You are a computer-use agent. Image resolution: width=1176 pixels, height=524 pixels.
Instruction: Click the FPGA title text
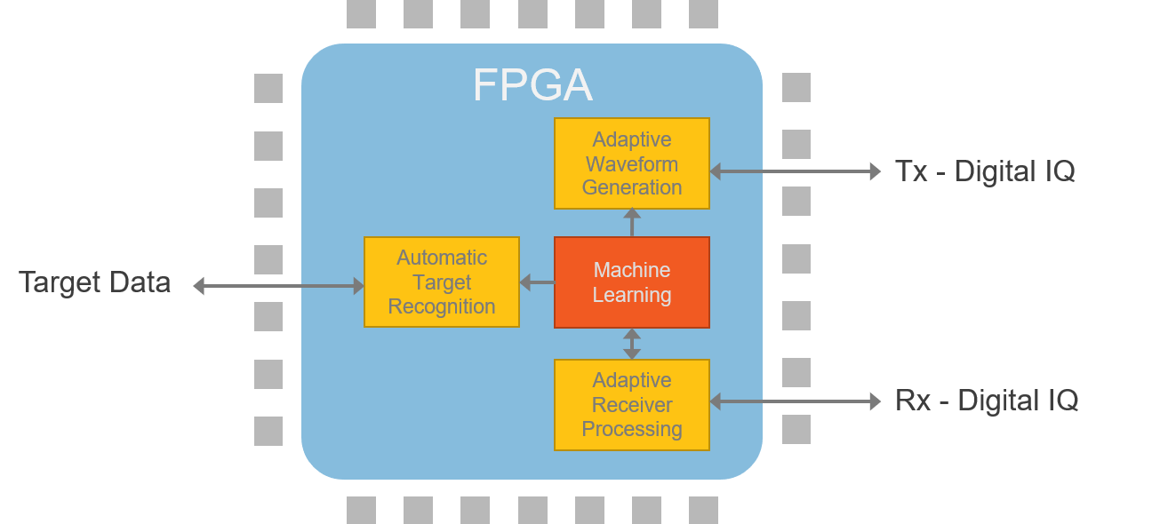(532, 86)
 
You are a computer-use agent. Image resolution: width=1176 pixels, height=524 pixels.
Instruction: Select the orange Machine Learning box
(632, 282)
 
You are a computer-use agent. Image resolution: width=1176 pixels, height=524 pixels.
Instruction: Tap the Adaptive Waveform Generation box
(632, 163)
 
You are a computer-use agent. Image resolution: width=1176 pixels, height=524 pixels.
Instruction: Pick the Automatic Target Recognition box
(442, 282)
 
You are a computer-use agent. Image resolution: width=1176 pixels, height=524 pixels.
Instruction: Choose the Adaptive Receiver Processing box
(632, 404)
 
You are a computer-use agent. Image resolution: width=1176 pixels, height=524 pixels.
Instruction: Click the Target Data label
(95, 282)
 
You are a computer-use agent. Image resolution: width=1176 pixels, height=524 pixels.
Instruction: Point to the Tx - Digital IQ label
(985, 171)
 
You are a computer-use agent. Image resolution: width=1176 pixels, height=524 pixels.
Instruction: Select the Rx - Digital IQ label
(987, 401)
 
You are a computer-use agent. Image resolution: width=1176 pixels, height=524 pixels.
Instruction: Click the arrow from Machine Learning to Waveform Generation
(632, 223)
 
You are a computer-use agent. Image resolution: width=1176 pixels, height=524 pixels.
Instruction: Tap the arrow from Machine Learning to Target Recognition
(537, 282)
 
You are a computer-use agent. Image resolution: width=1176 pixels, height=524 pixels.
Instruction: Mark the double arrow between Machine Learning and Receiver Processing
(632, 344)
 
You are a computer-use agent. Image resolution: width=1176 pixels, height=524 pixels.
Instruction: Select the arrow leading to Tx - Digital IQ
(796, 172)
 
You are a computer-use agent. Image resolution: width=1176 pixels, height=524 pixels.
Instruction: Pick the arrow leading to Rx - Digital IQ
(796, 402)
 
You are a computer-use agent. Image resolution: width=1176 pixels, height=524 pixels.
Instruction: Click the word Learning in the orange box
(632, 295)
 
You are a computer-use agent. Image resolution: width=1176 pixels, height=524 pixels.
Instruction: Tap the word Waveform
(632, 164)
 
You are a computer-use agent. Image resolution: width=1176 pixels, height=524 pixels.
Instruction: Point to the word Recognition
(442, 306)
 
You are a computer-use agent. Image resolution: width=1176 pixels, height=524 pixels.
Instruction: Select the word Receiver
(632, 405)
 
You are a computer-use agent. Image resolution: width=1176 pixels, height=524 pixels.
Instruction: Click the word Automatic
(442, 258)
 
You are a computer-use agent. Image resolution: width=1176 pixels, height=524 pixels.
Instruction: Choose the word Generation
(632, 187)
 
